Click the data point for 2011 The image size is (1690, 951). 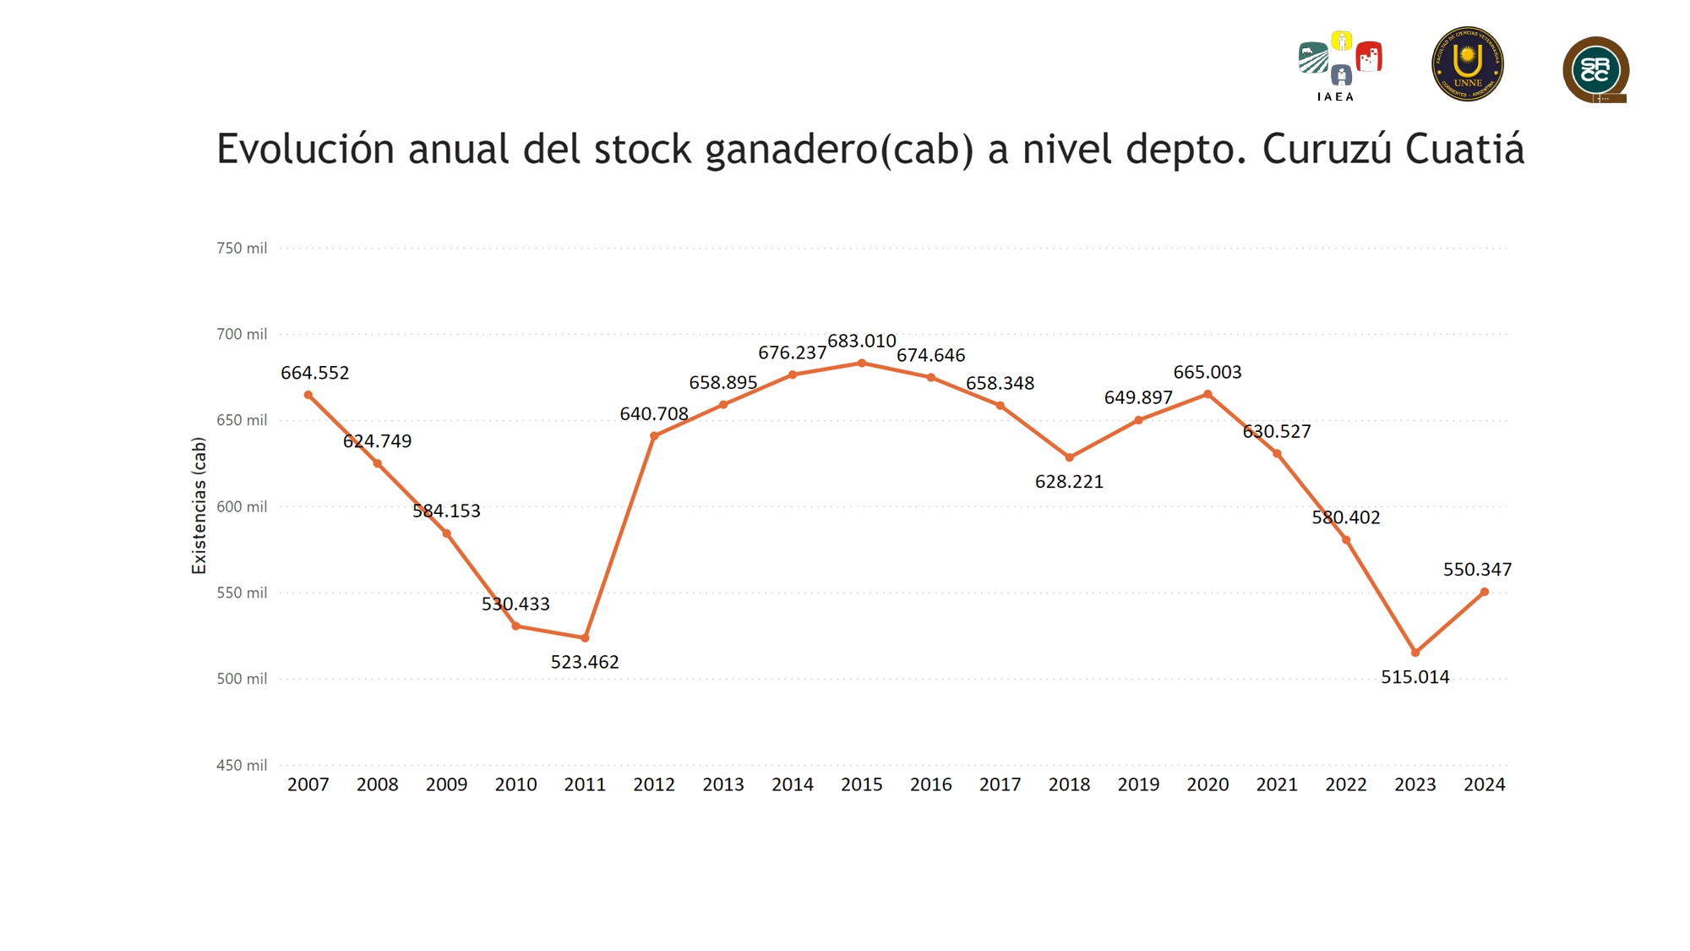(585, 638)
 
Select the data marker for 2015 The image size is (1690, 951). (862, 363)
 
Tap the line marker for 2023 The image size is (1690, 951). (1415, 653)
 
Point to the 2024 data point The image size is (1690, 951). (1485, 592)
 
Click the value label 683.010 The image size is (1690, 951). (862, 342)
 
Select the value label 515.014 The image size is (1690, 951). (1415, 677)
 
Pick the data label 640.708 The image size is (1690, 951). (654, 414)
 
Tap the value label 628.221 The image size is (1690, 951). (1069, 482)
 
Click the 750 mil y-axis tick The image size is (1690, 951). (242, 249)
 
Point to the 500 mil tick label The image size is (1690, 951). (242, 679)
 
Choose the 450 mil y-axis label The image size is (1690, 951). (242, 765)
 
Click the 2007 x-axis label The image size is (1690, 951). (308, 784)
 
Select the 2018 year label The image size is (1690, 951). (1069, 784)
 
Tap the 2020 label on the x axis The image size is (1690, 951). (1208, 784)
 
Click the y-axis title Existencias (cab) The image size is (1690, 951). (199, 506)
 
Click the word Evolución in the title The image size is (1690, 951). (306, 150)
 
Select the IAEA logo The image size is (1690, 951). (1339, 65)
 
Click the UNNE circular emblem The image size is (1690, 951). (1468, 64)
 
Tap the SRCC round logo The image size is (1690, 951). (1595, 69)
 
